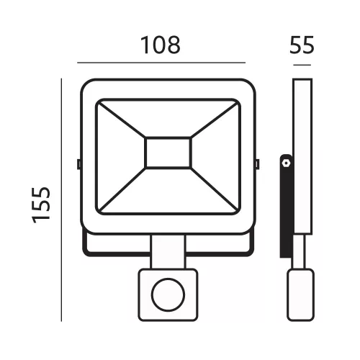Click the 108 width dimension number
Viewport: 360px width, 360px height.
(161, 45)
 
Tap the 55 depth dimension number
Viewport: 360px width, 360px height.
(302, 45)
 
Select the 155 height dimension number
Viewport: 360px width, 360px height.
(41, 205)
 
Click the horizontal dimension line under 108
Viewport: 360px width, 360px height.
(161, 63)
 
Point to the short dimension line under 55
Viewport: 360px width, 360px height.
(302, 65)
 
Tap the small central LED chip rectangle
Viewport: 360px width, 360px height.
(168, 153)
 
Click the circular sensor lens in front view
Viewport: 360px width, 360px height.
(168, 295)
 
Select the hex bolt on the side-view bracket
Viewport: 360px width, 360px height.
(286, 163)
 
